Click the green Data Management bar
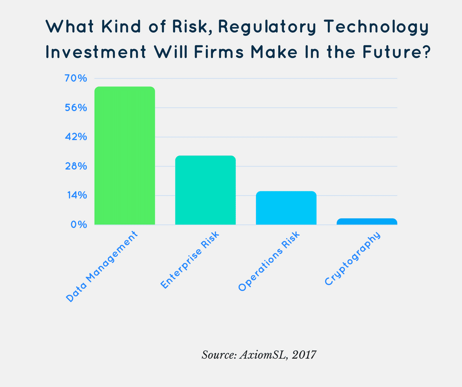(x=125, y=156)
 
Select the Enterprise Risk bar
(x=205, y=190)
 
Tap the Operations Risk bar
(x=286, y=208)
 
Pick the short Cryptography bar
(x=367, y=221)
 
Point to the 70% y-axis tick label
(x=76, y=79)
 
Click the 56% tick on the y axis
(x=76, y=108)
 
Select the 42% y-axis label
(x=76, y=137)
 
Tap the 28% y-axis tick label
(x=76, y=166)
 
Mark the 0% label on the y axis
(x=79, y=225)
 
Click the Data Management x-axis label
(x=102, y=267)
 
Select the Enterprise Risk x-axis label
(x=190, y=260)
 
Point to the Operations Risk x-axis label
(x=269, y=262)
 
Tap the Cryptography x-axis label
(x=352, y=259)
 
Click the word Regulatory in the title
(x=267, y=27)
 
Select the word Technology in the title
(x=376, y=27)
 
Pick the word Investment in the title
(x=96, y=52)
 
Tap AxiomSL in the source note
(x=263, y=355)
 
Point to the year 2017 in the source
(x=304, y=355)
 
